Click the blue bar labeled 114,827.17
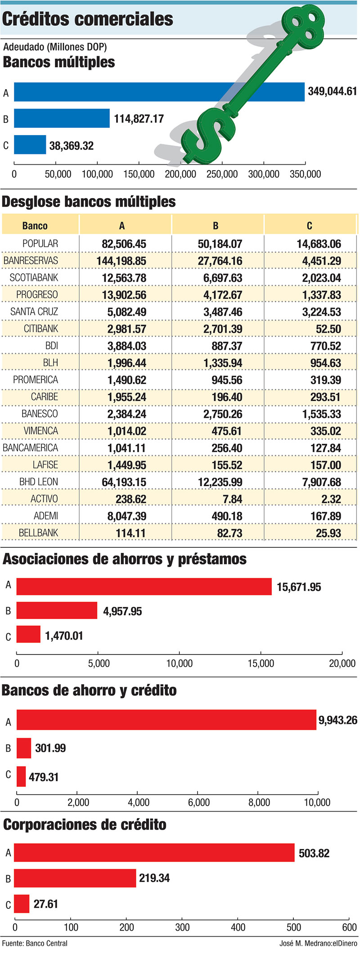coord(62,118)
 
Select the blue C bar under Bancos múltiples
coord(30,145)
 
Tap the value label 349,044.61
coord(332,91)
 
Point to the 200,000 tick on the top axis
coord(180,174)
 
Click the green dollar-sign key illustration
coord(252,86)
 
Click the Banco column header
coord(35,226)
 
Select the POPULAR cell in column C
coord(319,244)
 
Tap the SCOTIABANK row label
coord(34,278)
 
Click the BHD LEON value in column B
coord(220,482)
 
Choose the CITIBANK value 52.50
coord(328,329)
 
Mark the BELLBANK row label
coord(38,533)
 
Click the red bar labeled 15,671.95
coord(144,587)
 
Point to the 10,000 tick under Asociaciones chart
coord(180,663)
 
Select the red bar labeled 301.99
coord(24,748)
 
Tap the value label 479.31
coord(44,777)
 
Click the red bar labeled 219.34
coord(75,878)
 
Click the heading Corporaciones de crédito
coord(85,825)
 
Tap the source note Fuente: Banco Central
coord(35,943)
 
